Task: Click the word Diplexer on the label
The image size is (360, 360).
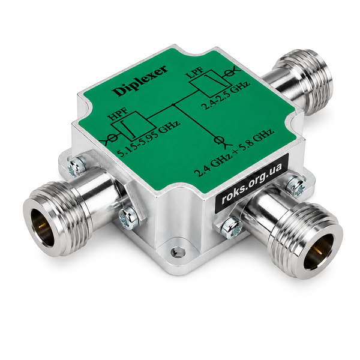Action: coord(140,81)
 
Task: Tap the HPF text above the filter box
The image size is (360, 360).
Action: coord(118,114)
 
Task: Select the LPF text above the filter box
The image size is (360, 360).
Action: coord(196,73)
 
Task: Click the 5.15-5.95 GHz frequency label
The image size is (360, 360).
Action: coord(148,139)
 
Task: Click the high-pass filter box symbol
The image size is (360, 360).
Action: coord(133,126)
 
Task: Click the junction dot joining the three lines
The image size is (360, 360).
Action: coord(173,104)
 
